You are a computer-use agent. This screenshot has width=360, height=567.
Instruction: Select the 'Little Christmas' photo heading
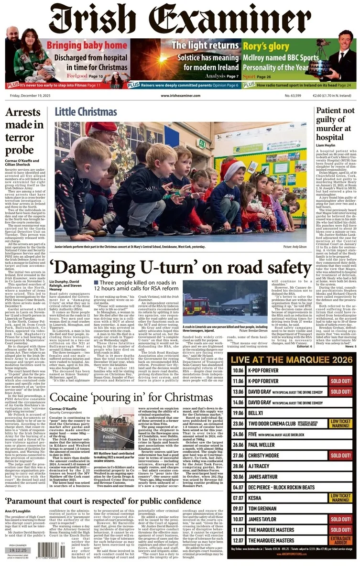pyautogui.click(x=89, y=112)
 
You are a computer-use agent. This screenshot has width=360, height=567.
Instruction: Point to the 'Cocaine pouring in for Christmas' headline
pyautogui.click(x=131, y=398)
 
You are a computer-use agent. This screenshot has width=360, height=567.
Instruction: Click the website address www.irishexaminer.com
pyautogui.click(x=180, y=96)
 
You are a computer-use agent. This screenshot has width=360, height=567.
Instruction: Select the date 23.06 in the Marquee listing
pyautogui.click(x=238, y=423)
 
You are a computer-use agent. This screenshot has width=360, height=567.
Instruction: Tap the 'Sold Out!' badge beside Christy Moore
pyautogui.click(x=341, y=456)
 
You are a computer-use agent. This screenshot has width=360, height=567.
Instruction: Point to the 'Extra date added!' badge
pyautogui.click(x=341, y=540)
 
